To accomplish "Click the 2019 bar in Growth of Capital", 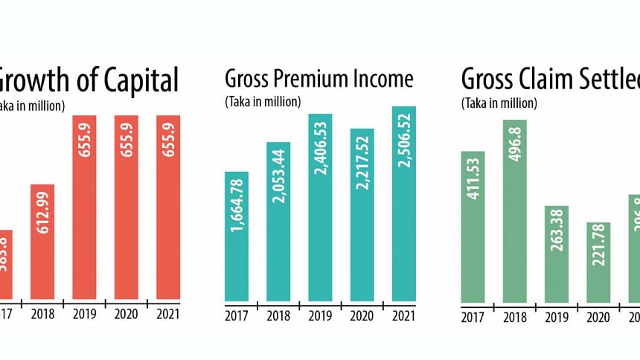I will (85, 208).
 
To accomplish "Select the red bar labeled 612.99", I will (43, 241).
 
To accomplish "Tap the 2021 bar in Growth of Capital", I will (167, 208).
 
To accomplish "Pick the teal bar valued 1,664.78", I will (236, 236).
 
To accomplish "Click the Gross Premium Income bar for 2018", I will (278, 221).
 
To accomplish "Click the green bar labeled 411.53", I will (473, 228).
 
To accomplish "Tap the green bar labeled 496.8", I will (515, 211).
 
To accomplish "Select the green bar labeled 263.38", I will (557, 254).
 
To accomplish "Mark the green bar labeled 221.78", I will (598, 263).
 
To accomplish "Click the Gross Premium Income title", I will (319, 78).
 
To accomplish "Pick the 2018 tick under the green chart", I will (515, 319).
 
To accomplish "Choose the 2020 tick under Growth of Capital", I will (126, 314).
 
